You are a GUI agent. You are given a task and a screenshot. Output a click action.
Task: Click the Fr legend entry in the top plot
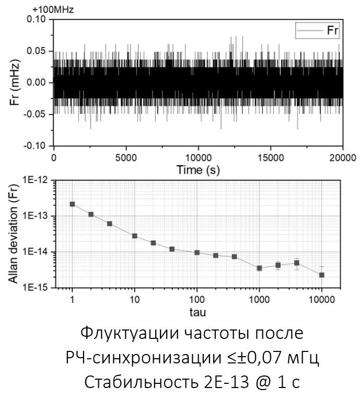[318, 30]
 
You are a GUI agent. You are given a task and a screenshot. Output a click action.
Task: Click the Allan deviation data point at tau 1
[73, 204]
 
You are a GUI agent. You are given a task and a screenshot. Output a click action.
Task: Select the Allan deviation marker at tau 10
[134, 236]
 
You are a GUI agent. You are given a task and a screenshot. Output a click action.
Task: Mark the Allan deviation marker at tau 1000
[259, 268]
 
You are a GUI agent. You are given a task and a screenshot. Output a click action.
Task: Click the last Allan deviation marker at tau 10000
[322, 275]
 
